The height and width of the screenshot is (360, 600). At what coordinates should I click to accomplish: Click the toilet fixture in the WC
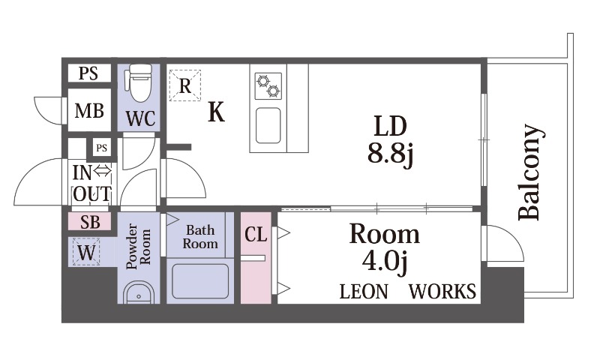140,82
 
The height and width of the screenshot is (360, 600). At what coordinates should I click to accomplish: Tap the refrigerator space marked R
185,85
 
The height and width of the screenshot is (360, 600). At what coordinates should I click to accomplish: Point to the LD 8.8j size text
390,140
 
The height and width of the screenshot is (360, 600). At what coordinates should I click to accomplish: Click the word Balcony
530,172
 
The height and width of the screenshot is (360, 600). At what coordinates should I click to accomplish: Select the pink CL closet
256,258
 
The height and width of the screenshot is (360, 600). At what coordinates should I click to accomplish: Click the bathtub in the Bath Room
200,281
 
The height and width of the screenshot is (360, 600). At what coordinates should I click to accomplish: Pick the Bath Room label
200,237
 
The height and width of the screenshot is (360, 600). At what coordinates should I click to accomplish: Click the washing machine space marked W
86,252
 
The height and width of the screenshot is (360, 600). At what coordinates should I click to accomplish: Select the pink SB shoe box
90,221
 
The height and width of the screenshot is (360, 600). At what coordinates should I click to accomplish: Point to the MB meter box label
89,111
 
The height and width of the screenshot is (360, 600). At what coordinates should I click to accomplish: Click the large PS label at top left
88,73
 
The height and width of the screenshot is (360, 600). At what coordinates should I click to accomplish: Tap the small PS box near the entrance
101,148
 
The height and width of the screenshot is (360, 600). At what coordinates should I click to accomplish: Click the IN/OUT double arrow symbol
103,171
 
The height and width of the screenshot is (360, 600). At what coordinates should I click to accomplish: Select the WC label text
141,118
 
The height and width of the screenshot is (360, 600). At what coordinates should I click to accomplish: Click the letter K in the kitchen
216,112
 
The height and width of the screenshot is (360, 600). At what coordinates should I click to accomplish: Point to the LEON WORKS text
408,292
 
